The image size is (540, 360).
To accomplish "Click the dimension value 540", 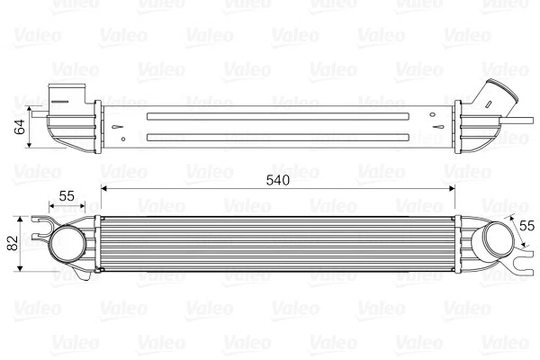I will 277,180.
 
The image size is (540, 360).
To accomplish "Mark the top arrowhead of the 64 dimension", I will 31,111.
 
